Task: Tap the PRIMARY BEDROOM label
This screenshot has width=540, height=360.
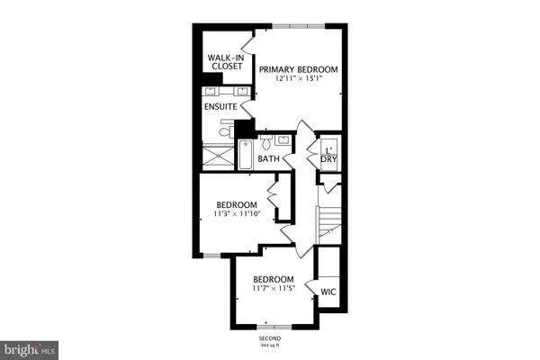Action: (299, 69)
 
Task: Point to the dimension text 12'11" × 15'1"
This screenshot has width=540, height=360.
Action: (299, 79)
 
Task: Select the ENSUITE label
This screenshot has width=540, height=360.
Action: (220, 107)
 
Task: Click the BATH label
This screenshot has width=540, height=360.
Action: (269, 159)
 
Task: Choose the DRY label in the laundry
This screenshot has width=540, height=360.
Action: (329, 159)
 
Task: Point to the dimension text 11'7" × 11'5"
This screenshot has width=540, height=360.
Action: (274, 290)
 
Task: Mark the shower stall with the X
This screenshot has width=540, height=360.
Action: (217, 157)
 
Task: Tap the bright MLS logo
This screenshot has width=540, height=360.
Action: (31, 346)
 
